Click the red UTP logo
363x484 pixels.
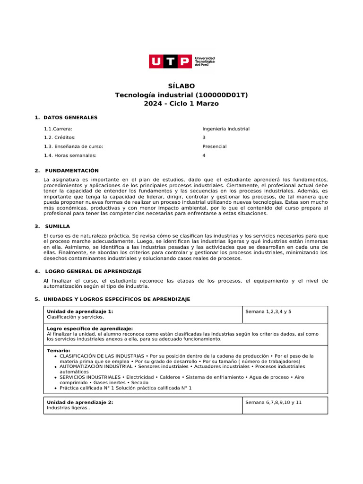pos(171,61)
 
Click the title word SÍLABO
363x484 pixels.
pos(181,86)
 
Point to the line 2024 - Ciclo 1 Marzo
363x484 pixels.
pos(181,104)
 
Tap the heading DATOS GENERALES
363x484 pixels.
pos(70,117)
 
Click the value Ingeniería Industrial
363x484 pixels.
pos(226,129)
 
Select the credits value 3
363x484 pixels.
pos(204,138)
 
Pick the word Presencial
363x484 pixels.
pos(215,147)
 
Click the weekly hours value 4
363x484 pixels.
pos(204,156)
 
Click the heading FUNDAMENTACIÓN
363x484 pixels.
pos(72,171)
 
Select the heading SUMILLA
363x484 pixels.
pos(57,226)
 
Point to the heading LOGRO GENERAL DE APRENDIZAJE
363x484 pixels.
pos(93,271)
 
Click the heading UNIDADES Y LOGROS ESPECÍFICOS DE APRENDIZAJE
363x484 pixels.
pos(117,299)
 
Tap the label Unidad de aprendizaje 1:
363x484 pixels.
pos(80,311)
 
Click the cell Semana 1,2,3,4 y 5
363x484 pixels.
pos(268,312)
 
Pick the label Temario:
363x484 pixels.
pos(58,351)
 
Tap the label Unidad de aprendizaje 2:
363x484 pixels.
pos(80,403)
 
